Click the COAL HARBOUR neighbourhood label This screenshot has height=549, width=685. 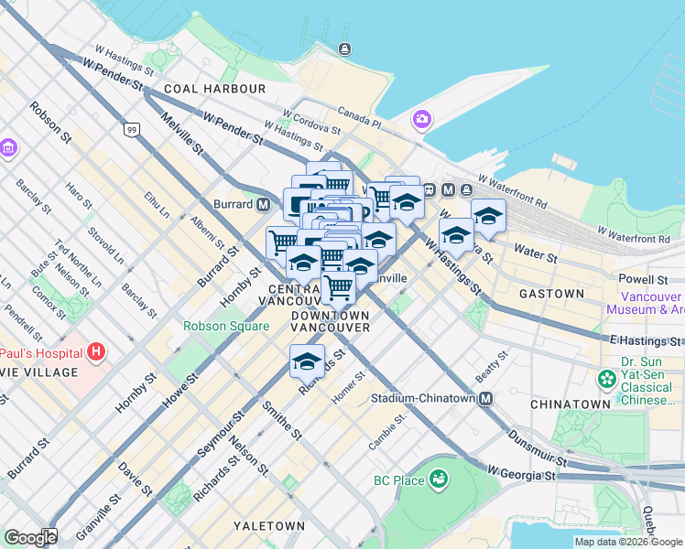coord(215,89)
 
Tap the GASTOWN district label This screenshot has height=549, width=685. coord(551,294)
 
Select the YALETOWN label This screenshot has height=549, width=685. coord(268,526)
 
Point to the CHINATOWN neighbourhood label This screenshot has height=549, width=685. coord(570,404)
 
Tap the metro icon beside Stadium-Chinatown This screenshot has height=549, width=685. coord(485,399)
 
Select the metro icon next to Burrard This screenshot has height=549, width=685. coord(263,204)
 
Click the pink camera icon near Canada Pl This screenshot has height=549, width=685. coord(422,119)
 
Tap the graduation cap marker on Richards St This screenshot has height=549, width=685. coord(307,361)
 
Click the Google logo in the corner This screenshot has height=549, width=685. coord(30,538)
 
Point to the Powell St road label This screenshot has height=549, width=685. coord(643,279)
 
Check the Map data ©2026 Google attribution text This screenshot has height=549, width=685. coord(628,542)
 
